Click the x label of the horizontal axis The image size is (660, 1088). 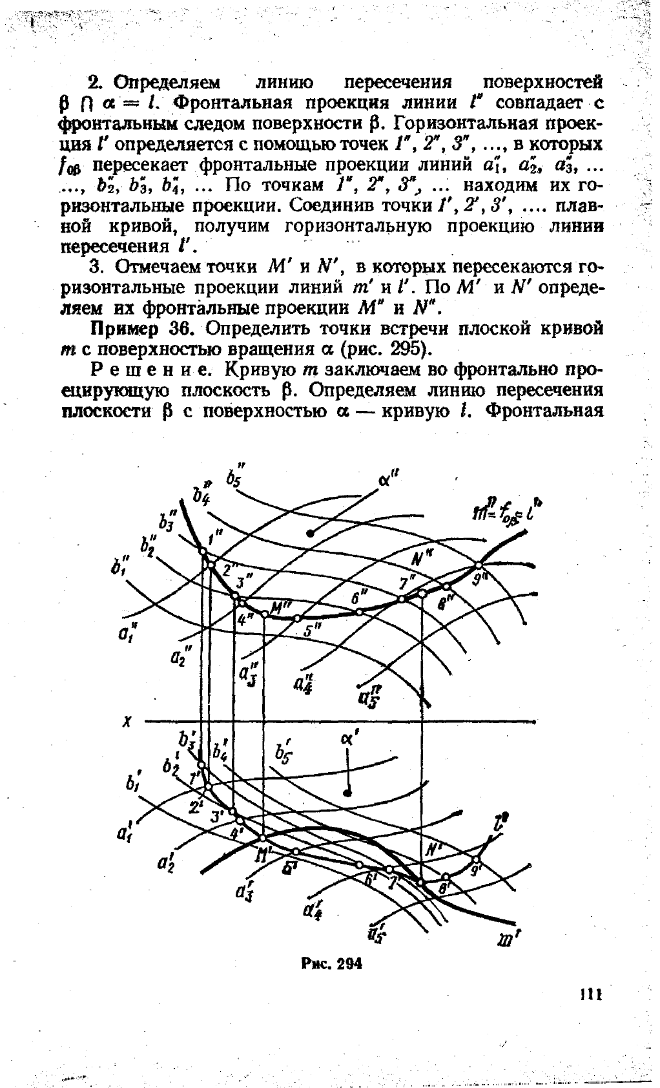127,722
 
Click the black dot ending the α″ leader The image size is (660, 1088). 311,532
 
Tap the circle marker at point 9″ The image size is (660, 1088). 479,564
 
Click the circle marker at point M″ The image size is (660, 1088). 264,614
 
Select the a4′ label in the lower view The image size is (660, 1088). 315,909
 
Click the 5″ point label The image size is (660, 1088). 313,630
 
